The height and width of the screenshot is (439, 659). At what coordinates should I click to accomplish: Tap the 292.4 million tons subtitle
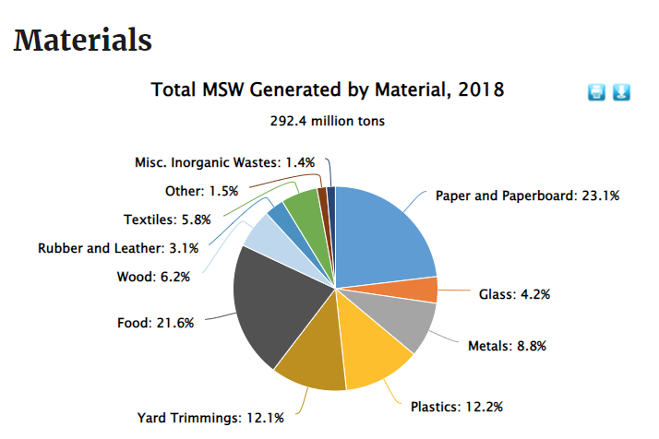(328, 121)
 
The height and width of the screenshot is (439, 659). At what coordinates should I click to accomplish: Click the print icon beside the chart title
(597, 92)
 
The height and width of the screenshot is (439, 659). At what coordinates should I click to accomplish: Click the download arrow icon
(621, 92)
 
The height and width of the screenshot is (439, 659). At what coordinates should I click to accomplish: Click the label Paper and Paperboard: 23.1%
(527, 196)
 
